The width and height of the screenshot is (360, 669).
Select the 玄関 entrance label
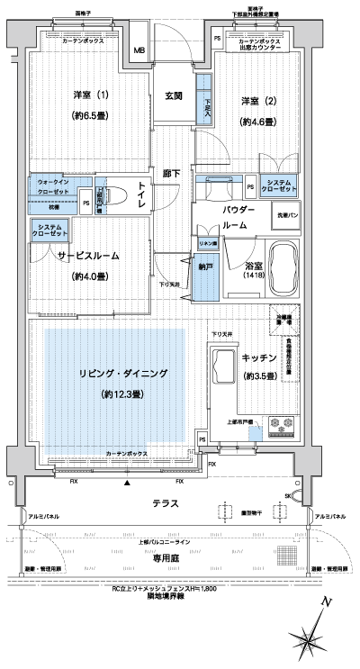[x=175, y=95]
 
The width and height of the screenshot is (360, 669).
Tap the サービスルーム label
[x=89, y=255]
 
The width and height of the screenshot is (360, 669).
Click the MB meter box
[x=139, y=50]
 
